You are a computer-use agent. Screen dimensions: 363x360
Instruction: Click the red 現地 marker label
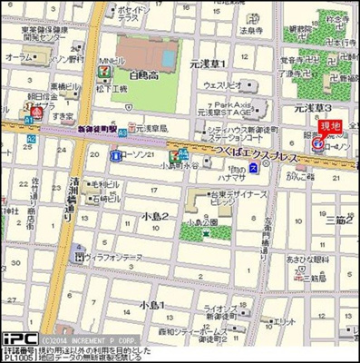click(x=331, y=125)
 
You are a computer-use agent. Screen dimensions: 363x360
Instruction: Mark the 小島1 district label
click(x=151, y=306)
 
